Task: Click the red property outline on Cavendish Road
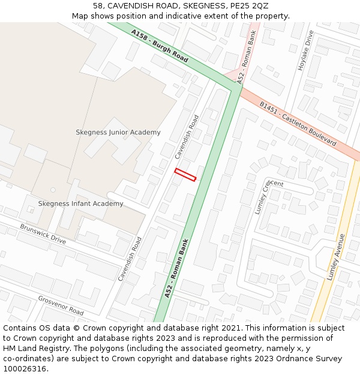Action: pyautogui.click(x=185, y=175)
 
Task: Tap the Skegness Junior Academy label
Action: pyautogui.click(x=118, y=132)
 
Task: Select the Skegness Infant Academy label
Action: pyautogui.click(x=80, y=203)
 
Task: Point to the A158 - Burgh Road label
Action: pyautogui.click(x=160, y=47)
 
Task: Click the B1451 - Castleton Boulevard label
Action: pyautogui.click(x=298, y=124)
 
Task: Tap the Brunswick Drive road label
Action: pyautogui.click(x=43, y=234)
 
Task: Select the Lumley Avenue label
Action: pyautogui.click(x=335, y=257)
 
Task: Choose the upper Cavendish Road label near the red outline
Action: pyautogui.click(x=187, y=137)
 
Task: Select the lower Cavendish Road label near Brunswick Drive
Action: pyautogui.click(x=130, y=259)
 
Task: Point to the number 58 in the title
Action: pyautogui.click(x=98, y=5)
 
